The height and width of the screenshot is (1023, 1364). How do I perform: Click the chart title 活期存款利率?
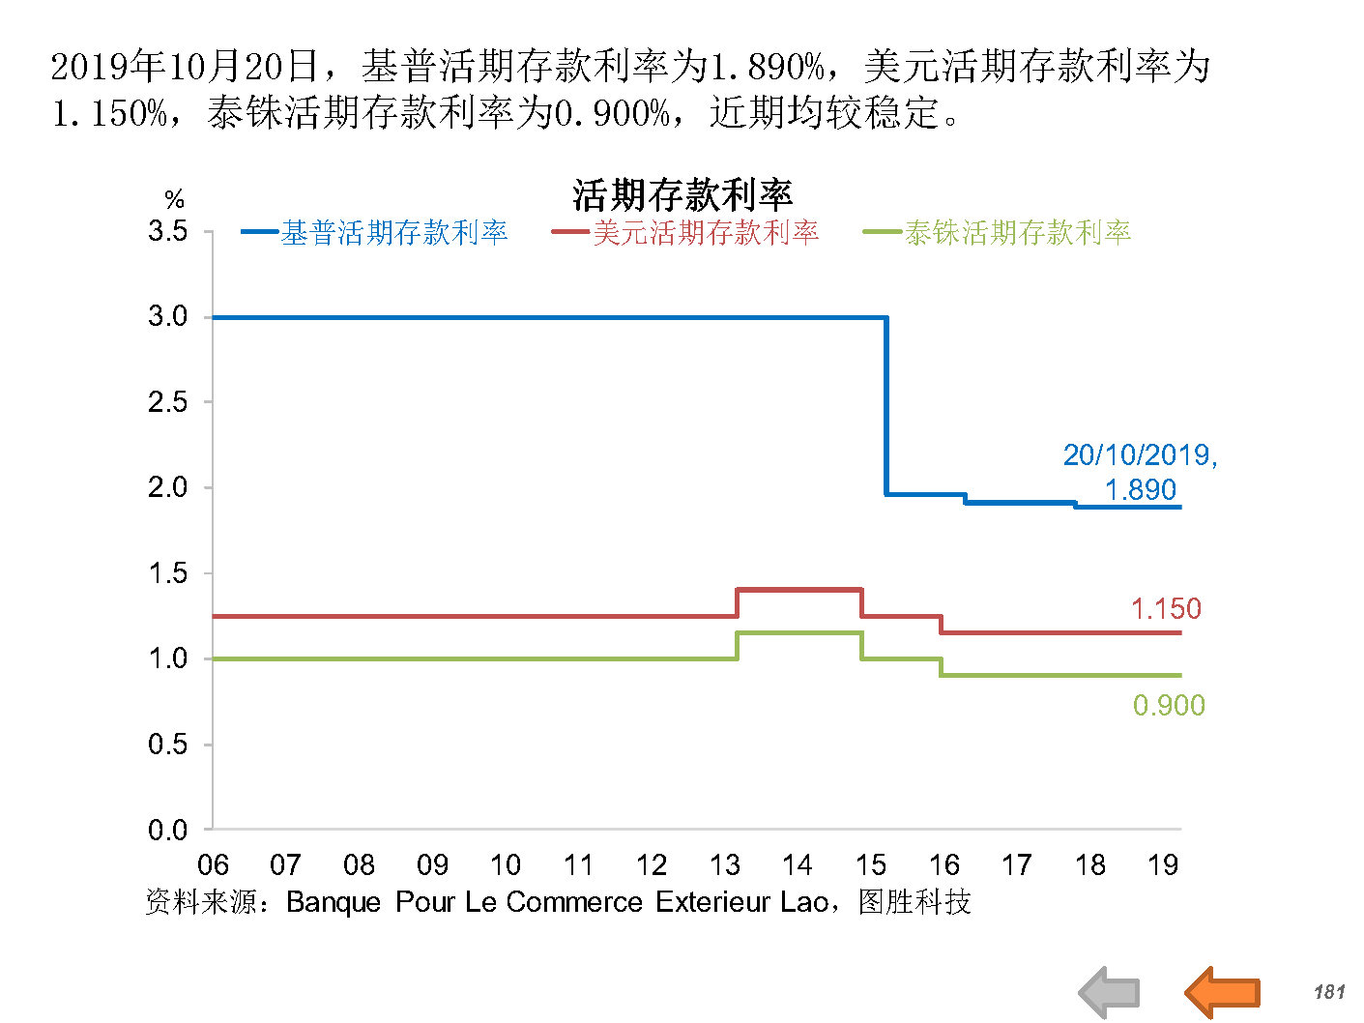tap(682, 195)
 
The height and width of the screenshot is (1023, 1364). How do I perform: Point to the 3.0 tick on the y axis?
tap(168, 316)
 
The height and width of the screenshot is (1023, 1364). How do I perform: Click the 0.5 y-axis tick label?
tap(168, 745)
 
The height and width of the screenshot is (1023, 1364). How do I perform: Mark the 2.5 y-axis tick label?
tap(168, 402)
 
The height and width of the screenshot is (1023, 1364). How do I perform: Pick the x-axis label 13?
tap(725, 864)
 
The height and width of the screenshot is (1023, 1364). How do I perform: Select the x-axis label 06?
tap(213, 864)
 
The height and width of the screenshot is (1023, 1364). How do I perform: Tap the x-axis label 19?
tap(1163, 864)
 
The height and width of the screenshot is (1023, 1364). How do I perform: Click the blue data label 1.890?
tap(1141, 490)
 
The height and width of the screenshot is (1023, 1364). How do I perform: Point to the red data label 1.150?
tap(1166, 609)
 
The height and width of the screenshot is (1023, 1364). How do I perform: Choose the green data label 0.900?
tap(1169, 706)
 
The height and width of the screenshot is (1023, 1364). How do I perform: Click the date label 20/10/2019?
tap(1139, 455)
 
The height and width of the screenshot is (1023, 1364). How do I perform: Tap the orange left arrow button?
tap(1222, 992)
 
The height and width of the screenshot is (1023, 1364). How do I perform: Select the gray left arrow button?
tap(1110, 992)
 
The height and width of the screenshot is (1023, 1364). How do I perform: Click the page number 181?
tap(1329, 992)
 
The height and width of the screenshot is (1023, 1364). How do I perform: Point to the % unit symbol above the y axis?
tap(174, 200)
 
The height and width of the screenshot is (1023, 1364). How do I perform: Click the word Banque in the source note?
tap(334, 902)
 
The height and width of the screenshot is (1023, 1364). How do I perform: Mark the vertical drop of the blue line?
tap(886, 406)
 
